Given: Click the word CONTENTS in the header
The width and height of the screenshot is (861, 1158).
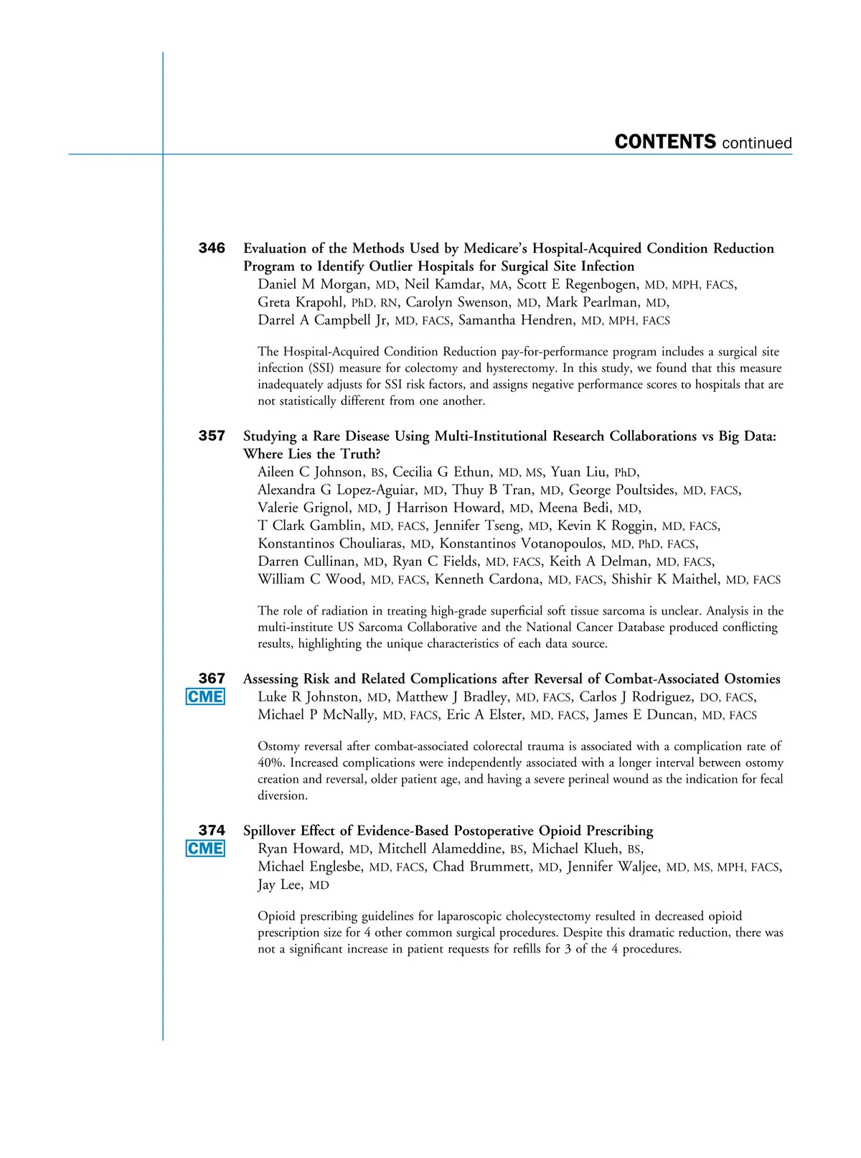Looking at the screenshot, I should (x=665, y=142).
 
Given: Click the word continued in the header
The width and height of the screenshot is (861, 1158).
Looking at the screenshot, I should (x=757, y=144).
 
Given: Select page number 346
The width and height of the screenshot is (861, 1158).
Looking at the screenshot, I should (x=212, y=248).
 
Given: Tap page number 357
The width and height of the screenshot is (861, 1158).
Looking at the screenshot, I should (x=212, y=436).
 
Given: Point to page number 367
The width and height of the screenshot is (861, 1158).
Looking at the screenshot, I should (x=212, y=678).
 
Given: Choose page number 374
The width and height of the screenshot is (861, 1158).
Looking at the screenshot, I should (x=212, y=831).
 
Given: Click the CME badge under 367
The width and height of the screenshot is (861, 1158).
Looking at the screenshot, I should (x=205, y=697).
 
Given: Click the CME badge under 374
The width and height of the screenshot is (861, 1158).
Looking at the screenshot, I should (x=205, y=849).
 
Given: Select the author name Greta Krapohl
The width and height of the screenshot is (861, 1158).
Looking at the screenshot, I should (x=300, y=302).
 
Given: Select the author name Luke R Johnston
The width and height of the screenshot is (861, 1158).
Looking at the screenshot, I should (x=309, y=697).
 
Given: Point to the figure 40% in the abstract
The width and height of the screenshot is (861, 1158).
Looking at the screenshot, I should (x=270, y=763).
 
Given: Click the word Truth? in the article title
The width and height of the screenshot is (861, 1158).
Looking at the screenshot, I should (x=360, y=454).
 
